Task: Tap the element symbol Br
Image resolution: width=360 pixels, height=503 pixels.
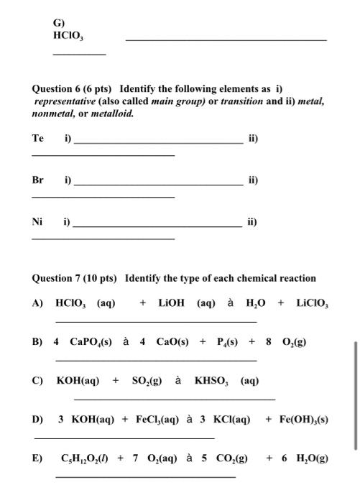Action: [x=37, y=181]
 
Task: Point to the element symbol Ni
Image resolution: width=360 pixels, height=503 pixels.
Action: [x=37, y=222]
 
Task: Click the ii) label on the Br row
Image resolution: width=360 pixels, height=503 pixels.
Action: [x=251, y=181]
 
